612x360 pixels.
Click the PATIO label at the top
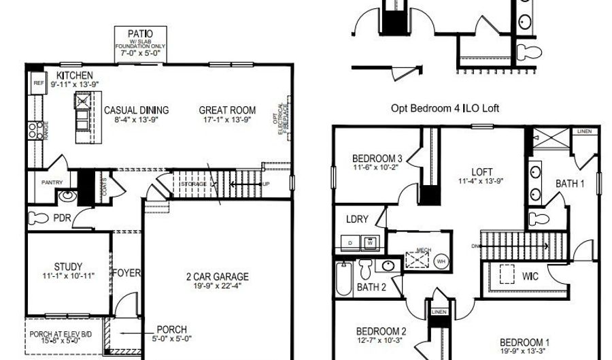point(140,33)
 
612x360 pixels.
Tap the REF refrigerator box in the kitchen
point(38,83)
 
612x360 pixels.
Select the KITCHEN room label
point(75,75)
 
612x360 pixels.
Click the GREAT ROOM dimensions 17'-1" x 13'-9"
point(227,120)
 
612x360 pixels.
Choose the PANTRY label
point(52,182)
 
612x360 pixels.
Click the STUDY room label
point(68,266)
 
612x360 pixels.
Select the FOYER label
point(126,274)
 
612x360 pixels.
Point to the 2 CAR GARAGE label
point(218,276)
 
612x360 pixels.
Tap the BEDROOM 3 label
point(377,159)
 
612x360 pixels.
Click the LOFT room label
point(482,172)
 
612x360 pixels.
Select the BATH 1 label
point(570,183)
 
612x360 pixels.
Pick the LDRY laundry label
point(357,220)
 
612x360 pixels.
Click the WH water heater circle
point(441,261)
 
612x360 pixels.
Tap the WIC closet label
point(530,277)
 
